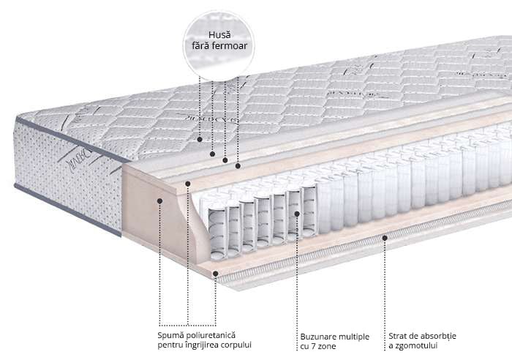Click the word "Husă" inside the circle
click(218, 34)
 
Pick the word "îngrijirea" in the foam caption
click(200, 345)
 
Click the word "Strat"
click(399, 335)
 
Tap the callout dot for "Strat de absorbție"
click(385, 238)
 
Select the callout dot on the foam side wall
click(159, 199)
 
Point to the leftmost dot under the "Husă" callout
click(199, 138)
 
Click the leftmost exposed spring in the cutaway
click(217, 228)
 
